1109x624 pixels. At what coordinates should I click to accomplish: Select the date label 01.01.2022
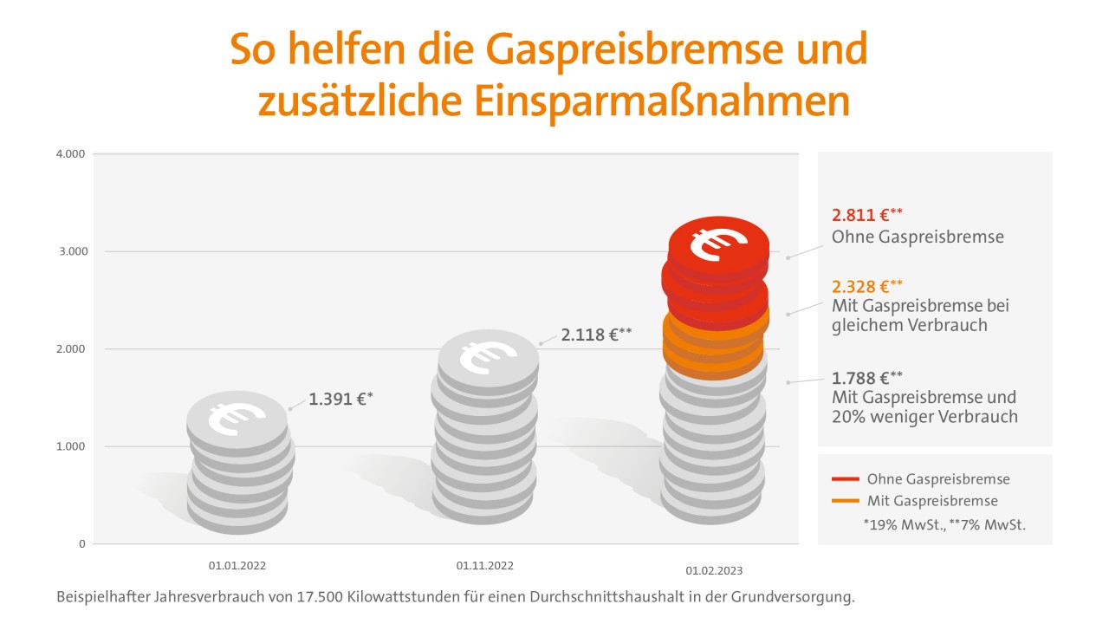[237, 566]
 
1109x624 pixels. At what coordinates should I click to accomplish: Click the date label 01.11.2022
[484, 566]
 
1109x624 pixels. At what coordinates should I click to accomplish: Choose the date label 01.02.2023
[714, 571]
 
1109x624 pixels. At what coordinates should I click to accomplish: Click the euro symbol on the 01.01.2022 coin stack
[237, 418]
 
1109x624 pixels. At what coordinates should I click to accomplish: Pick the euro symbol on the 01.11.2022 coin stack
[488, 356]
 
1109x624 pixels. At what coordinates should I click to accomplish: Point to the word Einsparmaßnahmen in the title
[661, 101]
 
